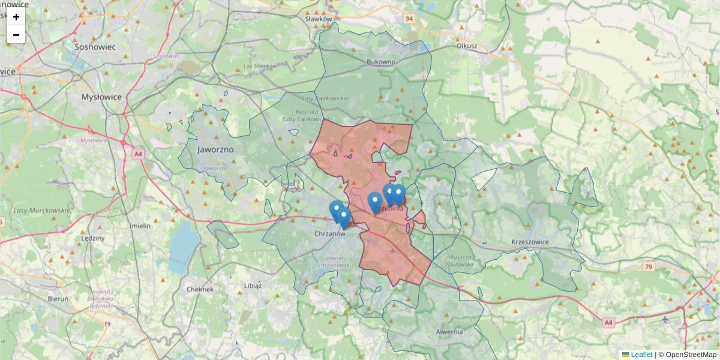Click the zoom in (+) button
(16, 17)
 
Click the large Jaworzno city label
(214, 148)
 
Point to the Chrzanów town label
(331, 233)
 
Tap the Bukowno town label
(381, 61)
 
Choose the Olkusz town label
(466, 45)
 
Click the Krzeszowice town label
(530, 241)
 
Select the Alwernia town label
(449, 331)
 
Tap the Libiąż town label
(253, 285)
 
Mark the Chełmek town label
(200, 289)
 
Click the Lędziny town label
(93, 238)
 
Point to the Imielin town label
(140, 226)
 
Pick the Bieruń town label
(58, 298)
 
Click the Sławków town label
(318, 19)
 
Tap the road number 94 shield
(409, 19)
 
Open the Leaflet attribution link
(641, 355)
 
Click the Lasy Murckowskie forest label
(41, 210)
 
